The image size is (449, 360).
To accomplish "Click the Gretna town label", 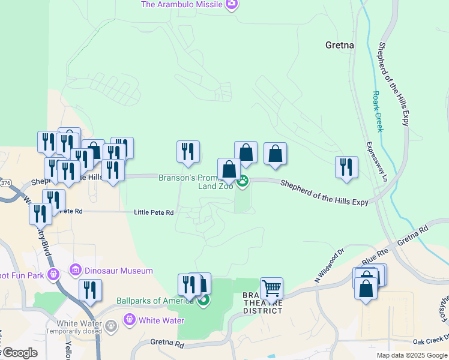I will (x=339, y=45).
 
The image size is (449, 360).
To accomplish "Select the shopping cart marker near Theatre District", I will (x=271, y=289).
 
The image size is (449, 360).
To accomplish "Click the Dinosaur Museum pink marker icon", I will (x=76, y=271).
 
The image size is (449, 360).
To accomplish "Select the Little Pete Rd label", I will (x=154, y=212).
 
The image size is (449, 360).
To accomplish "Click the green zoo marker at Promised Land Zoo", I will (x=243, y=181).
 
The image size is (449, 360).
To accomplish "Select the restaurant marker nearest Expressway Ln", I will (x=346, y=167).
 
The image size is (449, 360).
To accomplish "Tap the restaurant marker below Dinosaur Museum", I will (x=90, y=290).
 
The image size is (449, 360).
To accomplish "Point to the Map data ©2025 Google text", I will (x=412, y=355).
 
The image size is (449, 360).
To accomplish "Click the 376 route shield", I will (x=5, y=182).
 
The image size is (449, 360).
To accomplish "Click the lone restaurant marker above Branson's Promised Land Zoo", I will (x=188, y=151).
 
